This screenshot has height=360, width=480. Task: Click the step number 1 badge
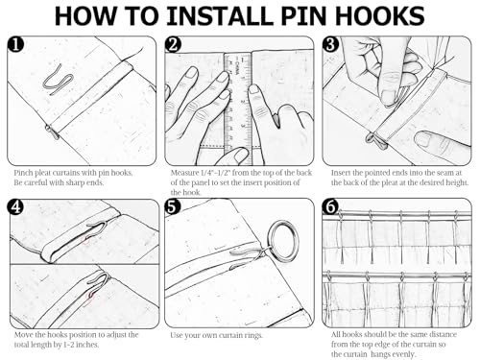15,44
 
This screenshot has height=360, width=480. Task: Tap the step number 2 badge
173,44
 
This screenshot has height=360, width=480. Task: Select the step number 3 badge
330,44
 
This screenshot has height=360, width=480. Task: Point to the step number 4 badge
15,207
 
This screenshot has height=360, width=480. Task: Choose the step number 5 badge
173,207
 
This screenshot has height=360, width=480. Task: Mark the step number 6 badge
330,207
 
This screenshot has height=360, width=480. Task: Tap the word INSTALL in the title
219,16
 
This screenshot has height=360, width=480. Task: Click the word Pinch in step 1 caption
23,173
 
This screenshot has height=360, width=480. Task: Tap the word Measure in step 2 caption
184,173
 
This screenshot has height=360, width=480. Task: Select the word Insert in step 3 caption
341,173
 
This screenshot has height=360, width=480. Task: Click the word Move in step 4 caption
23,335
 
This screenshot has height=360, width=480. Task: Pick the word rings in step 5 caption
253,336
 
